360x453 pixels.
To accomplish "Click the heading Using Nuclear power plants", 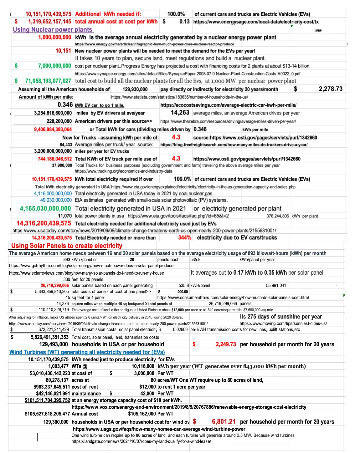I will [53, 30].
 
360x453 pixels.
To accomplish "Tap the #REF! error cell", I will [318, 31].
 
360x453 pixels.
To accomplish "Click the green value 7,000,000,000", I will [54, 66].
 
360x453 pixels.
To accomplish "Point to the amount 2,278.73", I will [330, 89].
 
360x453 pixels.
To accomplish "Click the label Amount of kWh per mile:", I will [46, 97].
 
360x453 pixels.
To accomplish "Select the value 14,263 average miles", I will [180, 113].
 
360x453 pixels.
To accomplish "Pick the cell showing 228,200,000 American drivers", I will [59, 121].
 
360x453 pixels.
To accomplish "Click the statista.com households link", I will [179, 97].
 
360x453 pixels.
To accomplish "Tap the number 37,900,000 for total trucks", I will [62, 165].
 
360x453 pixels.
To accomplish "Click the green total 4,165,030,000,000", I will [45, 208].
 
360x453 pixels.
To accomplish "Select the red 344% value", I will [184, 238].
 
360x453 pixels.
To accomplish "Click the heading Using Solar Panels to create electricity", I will [67, 246].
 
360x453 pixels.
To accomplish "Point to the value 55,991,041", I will [276, 285].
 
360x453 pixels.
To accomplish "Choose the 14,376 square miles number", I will [63, 303].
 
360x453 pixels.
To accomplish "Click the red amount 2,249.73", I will [225, 344].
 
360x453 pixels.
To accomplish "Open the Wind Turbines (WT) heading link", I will [87, 352].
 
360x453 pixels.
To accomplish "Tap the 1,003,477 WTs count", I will [58, 366].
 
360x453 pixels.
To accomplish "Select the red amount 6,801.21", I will [223, 422].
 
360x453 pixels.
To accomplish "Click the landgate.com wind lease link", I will [141, 441].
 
